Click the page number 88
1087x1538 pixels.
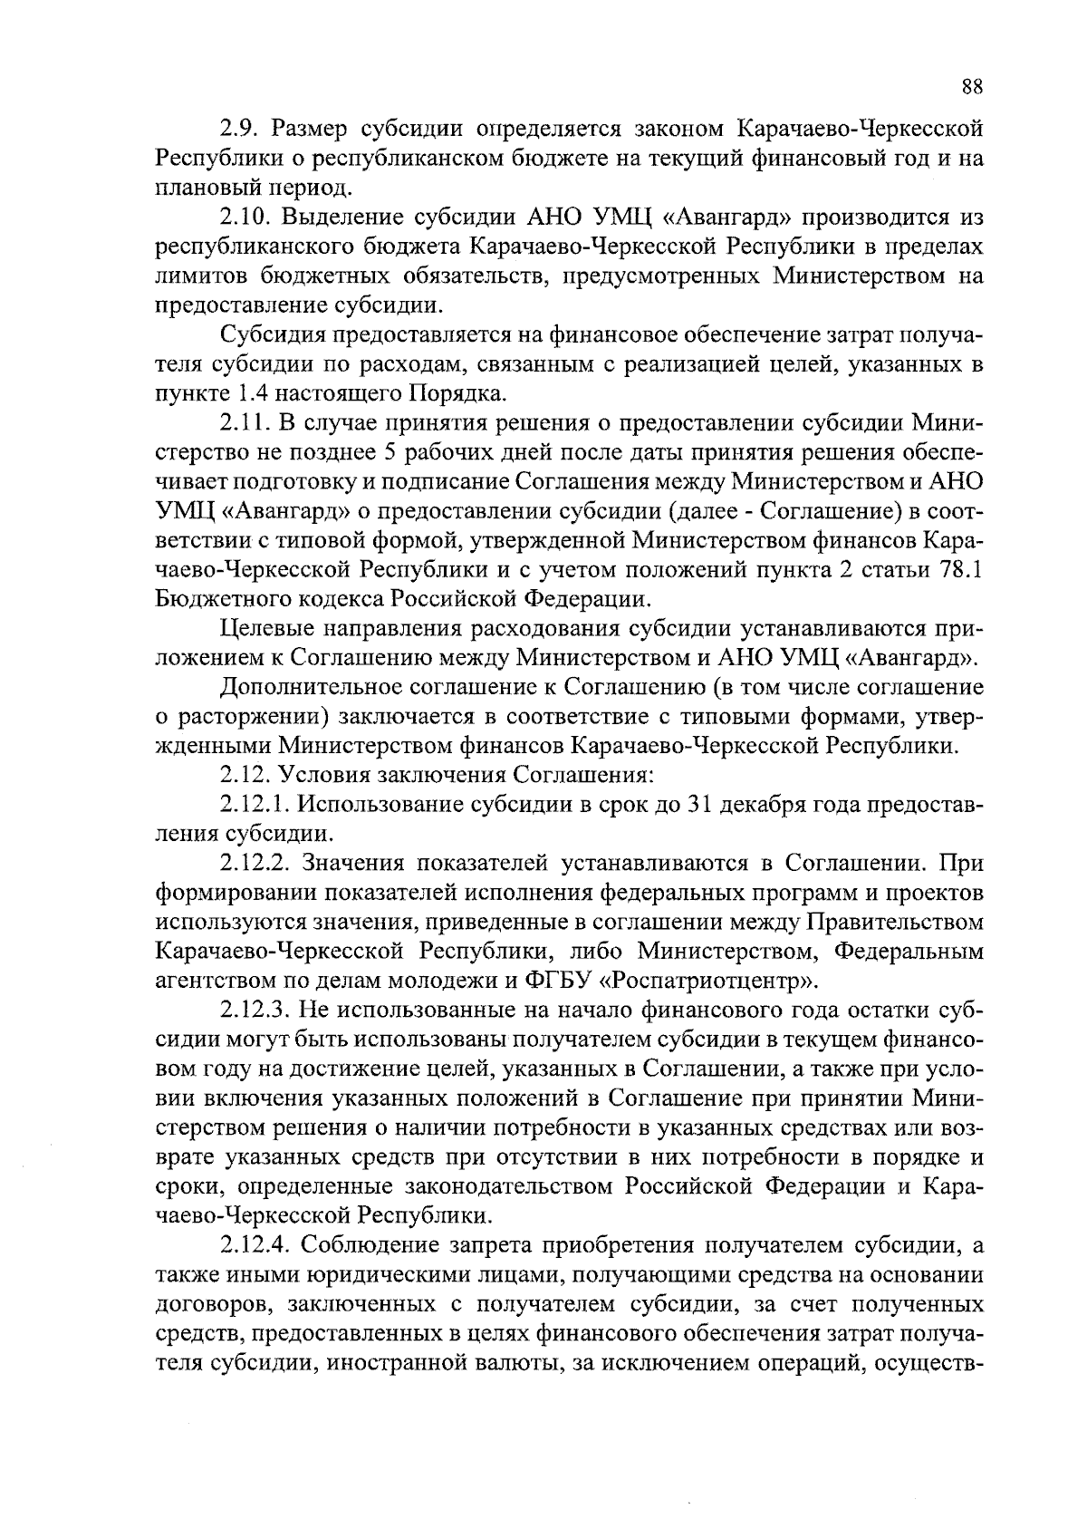point(972,87)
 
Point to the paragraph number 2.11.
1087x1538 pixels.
point(244,423)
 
